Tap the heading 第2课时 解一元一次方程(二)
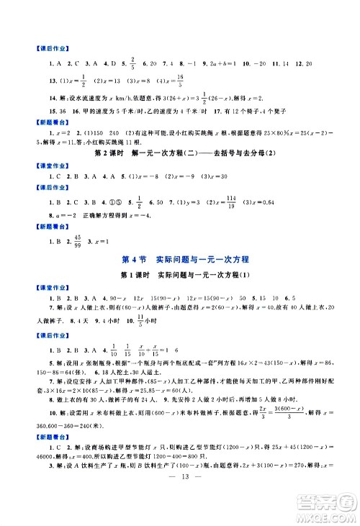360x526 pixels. (179, 153)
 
